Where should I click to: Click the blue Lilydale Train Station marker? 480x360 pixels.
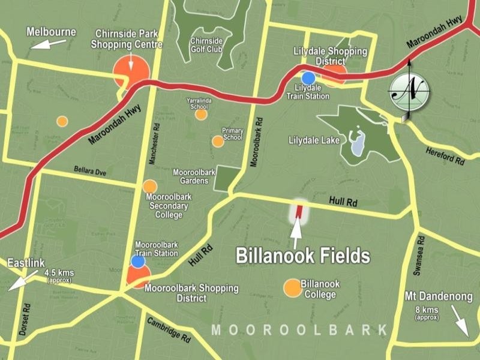[308, 78]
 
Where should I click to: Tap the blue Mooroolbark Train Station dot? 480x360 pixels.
[138, 262]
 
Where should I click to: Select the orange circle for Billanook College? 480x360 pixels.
[292, 288]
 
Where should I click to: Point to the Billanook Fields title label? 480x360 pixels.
[302, 256]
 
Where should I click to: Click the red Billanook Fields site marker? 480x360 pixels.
[299, 212]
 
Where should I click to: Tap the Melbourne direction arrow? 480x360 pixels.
[49, 43]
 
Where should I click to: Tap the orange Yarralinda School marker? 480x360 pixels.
[201, 114]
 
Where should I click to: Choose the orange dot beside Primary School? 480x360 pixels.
[218, 142]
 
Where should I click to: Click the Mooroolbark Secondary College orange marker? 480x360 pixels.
[149, 187]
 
